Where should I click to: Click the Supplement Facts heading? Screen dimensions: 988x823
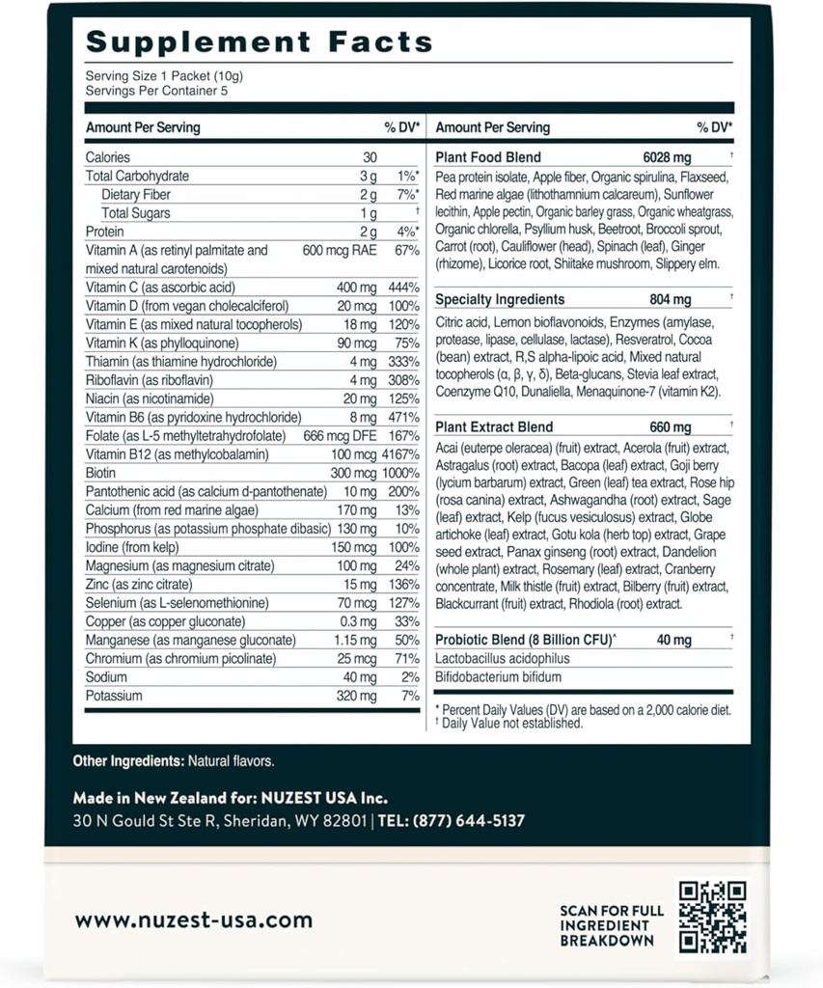259,42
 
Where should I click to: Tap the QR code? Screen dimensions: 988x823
713,917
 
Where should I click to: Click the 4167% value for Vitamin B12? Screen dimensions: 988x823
398,454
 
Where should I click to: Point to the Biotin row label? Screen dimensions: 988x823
100,473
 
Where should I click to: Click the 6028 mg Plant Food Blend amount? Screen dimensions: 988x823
668,157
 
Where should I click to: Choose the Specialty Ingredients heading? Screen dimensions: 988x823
500,300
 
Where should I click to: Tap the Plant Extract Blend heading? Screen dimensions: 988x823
494,427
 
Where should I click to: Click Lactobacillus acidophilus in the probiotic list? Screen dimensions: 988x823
503,658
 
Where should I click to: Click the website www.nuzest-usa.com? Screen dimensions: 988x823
194,920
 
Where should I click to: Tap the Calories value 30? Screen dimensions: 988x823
370,157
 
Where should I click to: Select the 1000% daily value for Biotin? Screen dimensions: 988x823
399,473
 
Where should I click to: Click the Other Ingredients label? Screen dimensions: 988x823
128,761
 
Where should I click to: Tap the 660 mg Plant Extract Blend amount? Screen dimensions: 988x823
669,427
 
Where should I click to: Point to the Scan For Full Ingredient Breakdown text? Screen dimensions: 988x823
612,924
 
